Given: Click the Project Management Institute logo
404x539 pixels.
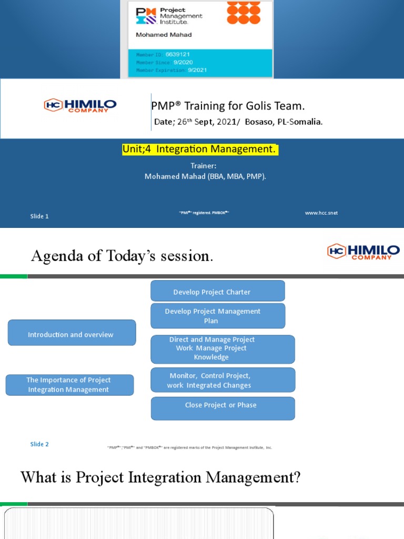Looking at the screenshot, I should coord(168,16).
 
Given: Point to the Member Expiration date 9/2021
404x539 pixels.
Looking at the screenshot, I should coord(198,70).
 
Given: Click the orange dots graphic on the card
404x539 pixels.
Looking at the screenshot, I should coord(244,13).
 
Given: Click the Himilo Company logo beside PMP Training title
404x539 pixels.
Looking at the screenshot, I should coord(80,105).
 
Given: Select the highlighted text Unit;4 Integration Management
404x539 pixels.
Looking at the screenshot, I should coord(199,149).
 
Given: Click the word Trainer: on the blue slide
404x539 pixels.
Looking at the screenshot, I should coord(204,166).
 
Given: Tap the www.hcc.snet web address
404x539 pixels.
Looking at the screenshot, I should coord(321,213).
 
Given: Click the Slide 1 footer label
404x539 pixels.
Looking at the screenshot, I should coord(39,216).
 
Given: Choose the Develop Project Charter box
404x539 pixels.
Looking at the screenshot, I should coord(217,291).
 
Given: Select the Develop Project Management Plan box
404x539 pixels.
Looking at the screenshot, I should coord(217,316).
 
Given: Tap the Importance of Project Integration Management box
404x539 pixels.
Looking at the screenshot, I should coord(69,385).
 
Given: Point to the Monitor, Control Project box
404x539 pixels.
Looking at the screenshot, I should coord(223,380).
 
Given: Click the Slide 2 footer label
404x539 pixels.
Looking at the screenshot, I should coord(39,444).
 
